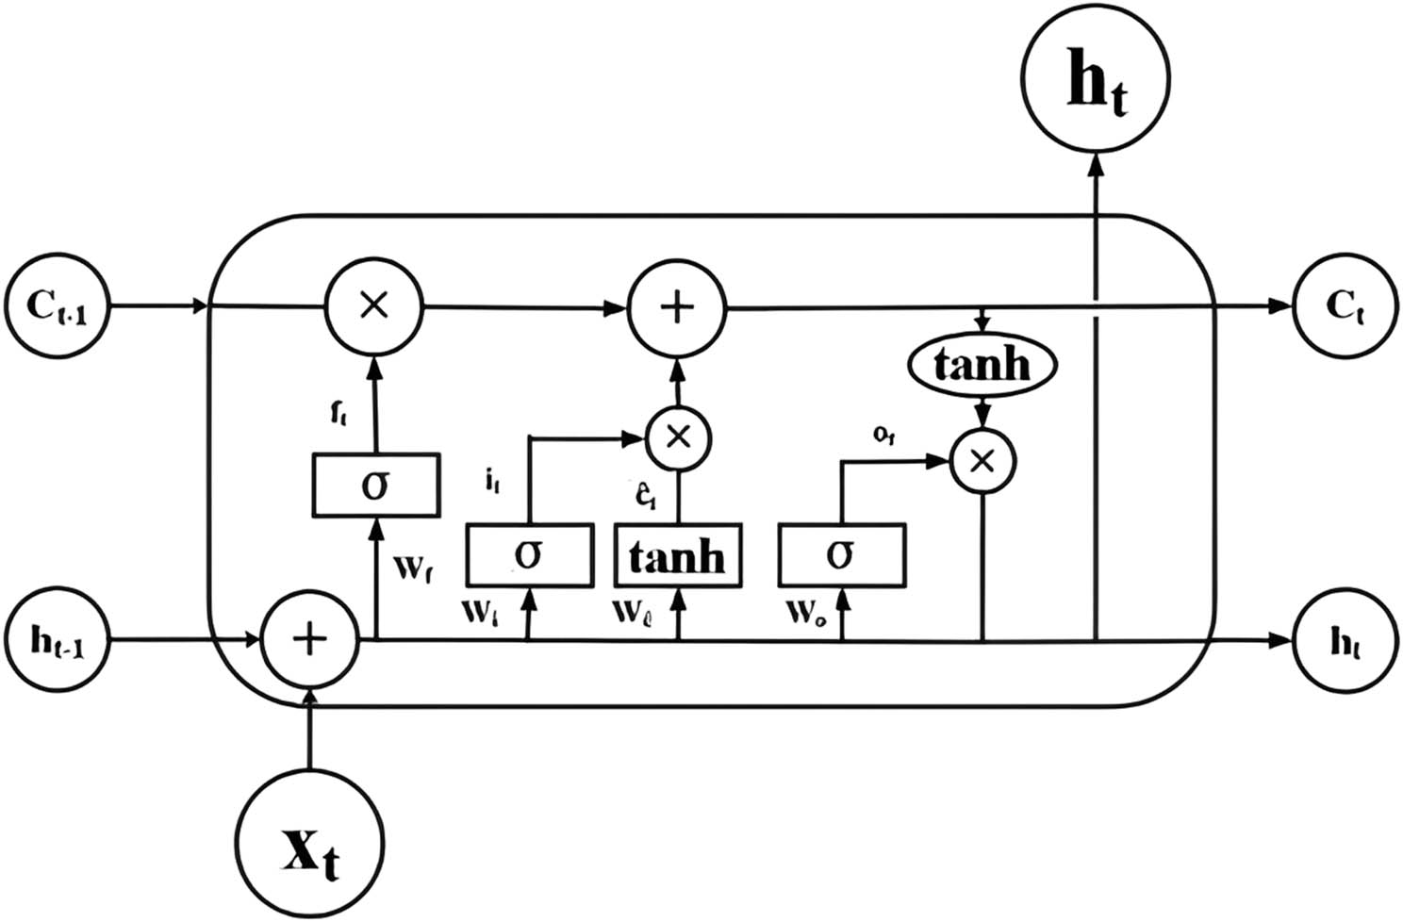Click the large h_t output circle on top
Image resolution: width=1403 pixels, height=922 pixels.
point(1096,77)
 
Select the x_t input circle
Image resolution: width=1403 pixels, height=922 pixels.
point(310,842)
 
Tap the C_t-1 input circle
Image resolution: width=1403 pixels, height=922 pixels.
point(58,305)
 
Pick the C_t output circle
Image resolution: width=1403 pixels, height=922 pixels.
point(1345,305)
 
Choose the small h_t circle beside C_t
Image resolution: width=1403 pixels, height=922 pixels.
point(1345,641)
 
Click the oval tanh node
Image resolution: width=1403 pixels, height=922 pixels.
point(982,364)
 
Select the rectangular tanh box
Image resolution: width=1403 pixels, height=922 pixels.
point(678,555)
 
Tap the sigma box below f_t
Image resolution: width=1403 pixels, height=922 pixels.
point(375,485)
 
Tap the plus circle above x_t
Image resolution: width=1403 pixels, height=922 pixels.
point(310,640)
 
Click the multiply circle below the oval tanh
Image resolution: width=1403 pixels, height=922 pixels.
point(982,461)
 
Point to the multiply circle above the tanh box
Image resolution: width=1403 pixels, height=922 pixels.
point(678,437)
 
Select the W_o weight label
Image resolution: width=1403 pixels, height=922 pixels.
point(807,613)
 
